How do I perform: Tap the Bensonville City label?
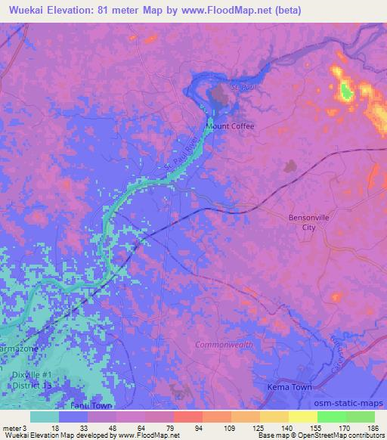306,222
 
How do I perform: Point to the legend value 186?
367,427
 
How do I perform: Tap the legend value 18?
55,427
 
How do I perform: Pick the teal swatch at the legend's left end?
45,417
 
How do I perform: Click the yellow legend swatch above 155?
303,417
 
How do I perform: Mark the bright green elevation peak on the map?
346,92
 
